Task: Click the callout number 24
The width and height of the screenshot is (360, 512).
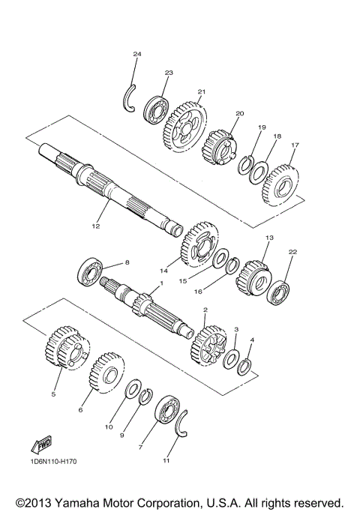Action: click(x=136, y=55)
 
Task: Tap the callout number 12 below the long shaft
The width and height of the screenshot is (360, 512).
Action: click(x=95, y=223)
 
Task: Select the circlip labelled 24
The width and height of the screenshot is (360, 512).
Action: click(x=128, y=98)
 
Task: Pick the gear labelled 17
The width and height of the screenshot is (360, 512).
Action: click(x=280, y=183)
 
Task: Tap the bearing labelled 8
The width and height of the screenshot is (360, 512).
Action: click(x=91, y=271)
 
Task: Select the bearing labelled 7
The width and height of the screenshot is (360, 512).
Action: click(x=166, y=413)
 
